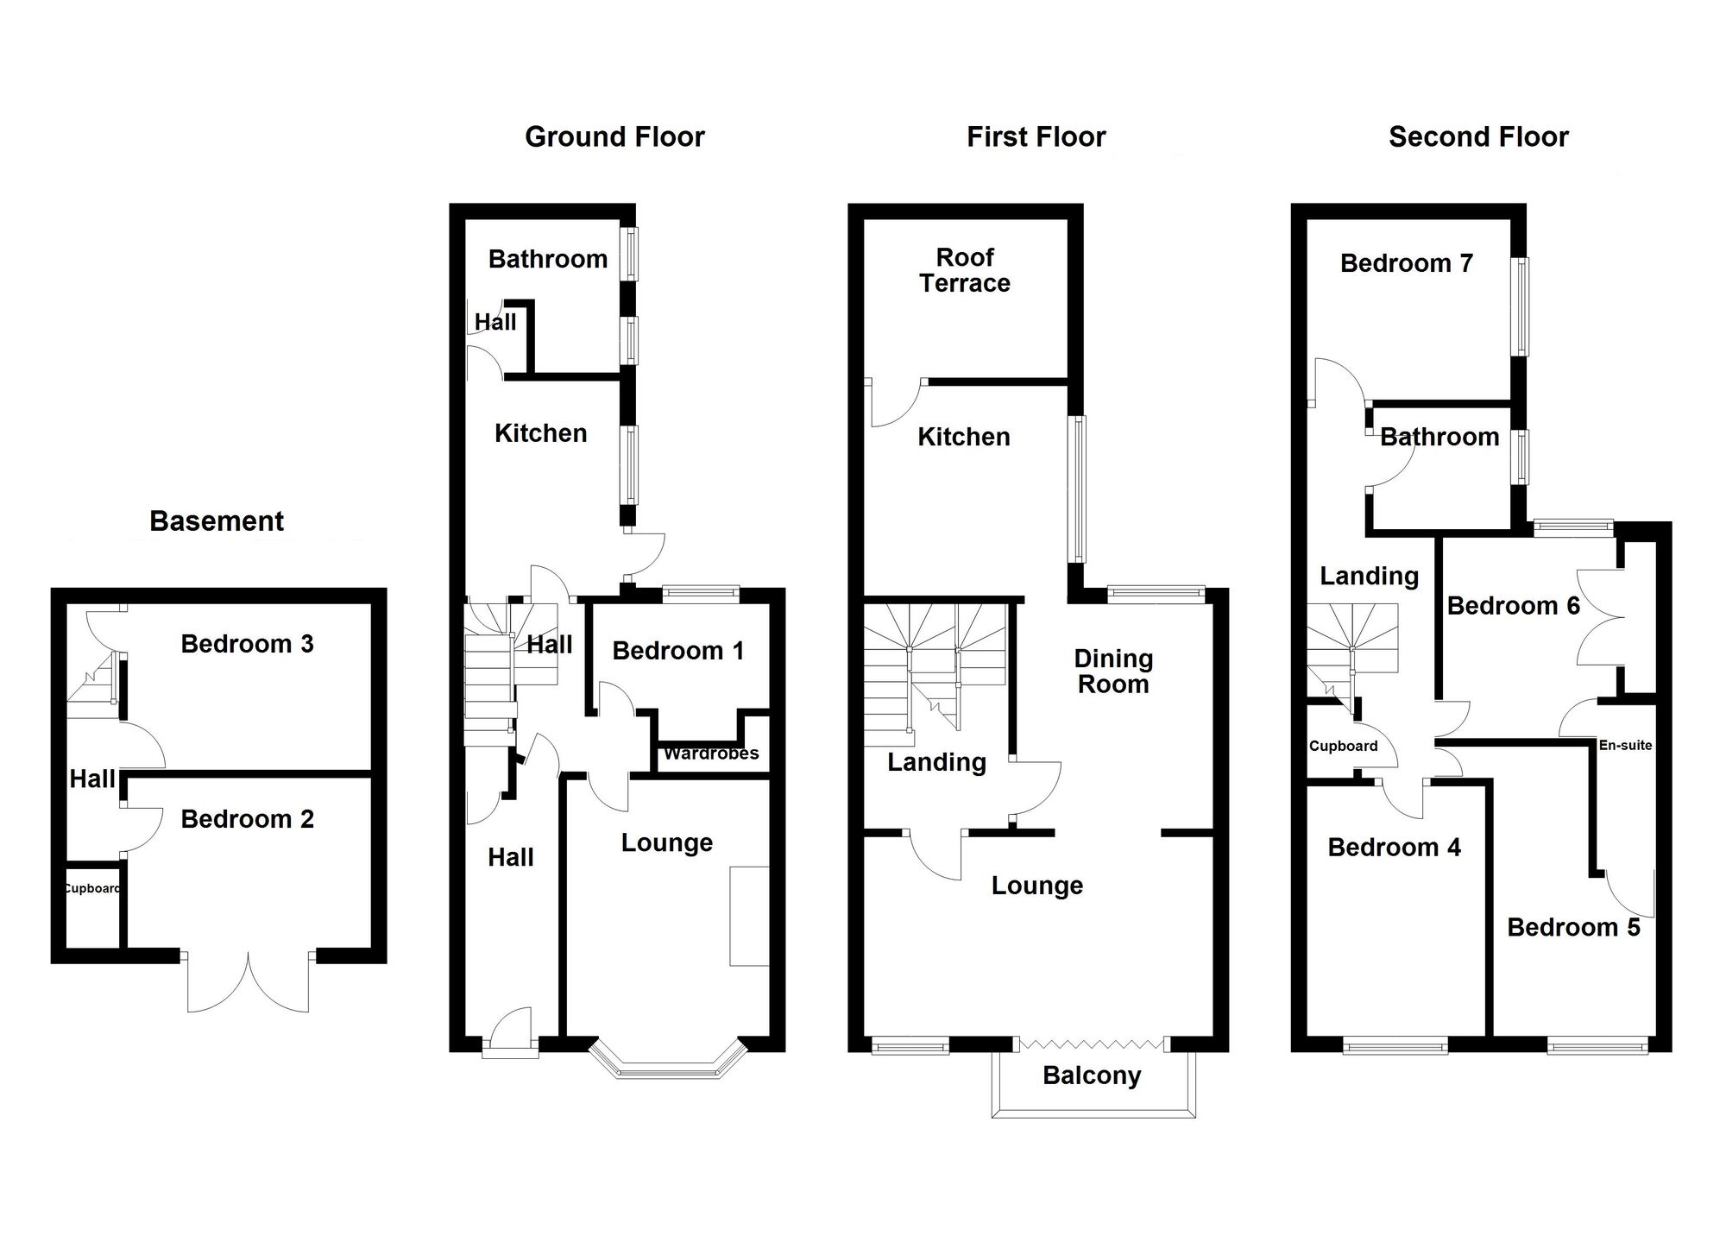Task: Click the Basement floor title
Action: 217,521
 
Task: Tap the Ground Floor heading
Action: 614,137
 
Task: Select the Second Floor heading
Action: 1478,137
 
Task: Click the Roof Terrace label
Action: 965,270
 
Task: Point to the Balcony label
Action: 1092,1075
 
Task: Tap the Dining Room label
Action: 1113,672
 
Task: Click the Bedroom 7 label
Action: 1406,263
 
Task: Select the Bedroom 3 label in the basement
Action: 247,644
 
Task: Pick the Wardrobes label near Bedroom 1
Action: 711,754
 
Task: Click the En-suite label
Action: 1625,746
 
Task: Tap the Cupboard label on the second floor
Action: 1343,747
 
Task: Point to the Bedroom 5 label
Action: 1573,928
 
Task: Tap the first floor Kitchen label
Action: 963,437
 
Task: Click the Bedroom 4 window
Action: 1395,1047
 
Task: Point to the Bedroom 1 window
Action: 701,593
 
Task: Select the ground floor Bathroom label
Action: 548,259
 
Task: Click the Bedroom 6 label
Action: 1513,606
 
